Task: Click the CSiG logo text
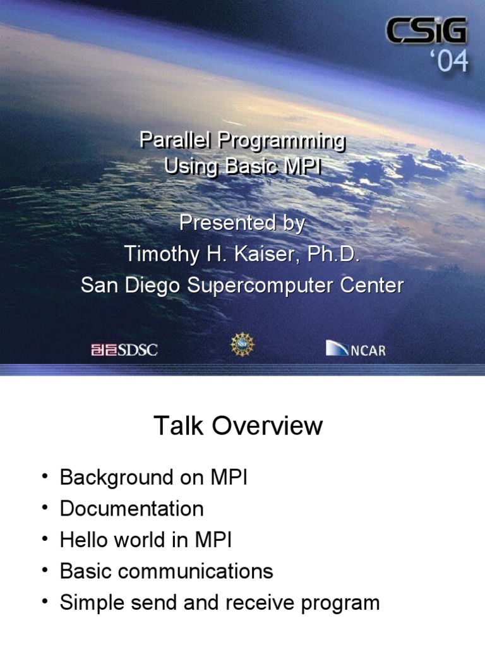(426, 30)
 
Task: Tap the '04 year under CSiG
(450, 61)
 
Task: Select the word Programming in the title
(282, 142)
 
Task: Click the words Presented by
(242, 223)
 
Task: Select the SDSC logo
(124, 350)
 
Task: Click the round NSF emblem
(242, 344)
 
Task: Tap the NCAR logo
(356, 348)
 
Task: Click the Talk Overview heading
(238, 425)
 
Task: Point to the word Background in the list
(117, 478)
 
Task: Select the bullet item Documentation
(132, 509)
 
